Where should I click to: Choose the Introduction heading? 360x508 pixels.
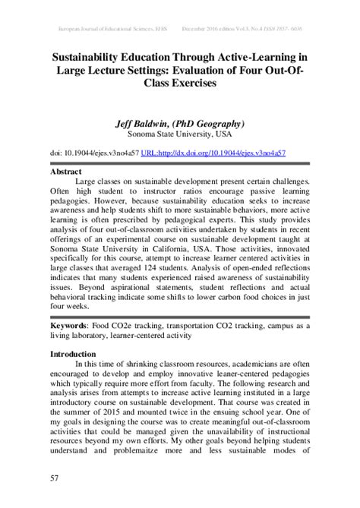73,354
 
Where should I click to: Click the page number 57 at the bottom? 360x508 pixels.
55,477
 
